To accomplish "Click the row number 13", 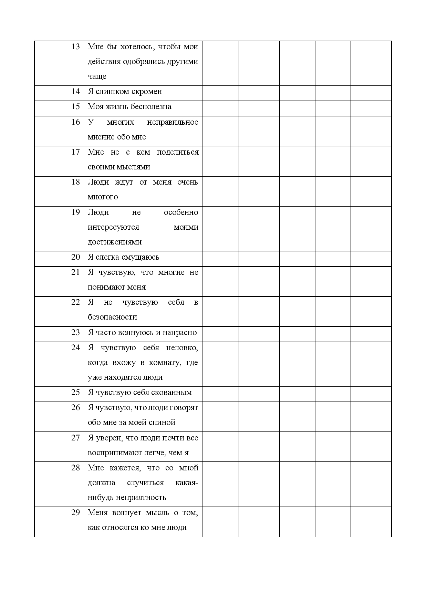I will point(75,46).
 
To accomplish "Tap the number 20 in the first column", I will point(75,257).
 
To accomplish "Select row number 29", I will point(75,512).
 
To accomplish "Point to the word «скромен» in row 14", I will point(147,92).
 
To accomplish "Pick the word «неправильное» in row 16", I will point(173,122).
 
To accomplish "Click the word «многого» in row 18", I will point(103,197).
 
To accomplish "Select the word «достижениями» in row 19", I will point(115,242).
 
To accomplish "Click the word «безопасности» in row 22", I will point(112,317).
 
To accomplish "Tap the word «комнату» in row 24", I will point(165,363).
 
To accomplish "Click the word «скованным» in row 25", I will point(175,393).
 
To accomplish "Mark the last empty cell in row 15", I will point(371,108).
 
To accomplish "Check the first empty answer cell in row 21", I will point(220,281).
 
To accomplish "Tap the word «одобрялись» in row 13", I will point(144,62).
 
